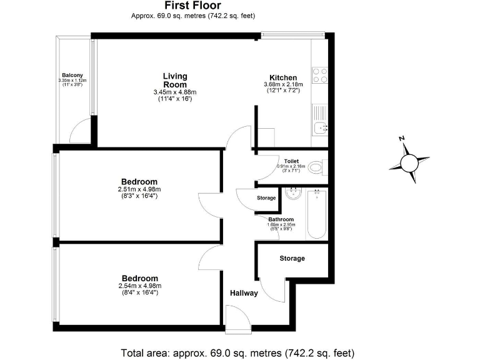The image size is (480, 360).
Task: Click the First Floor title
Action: pos(193,6)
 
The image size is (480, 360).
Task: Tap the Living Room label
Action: pos(175,81)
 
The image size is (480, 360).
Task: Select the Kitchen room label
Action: pos(282,77)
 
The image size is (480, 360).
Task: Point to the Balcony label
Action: pos(72,75)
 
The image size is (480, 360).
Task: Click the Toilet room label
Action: pos(291,161)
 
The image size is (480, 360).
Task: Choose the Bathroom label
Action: pos(281,219)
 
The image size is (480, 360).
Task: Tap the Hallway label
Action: pos(244,293)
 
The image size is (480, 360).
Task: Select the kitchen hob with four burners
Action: pos(319,76)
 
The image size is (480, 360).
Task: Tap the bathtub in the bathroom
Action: pos(316,214)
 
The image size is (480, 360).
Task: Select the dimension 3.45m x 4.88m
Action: pos(175,92)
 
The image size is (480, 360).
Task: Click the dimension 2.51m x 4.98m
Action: pos(139,189)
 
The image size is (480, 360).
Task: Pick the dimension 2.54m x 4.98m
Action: pos(139,286)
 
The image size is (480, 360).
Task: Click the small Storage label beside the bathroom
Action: pos(266,198)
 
